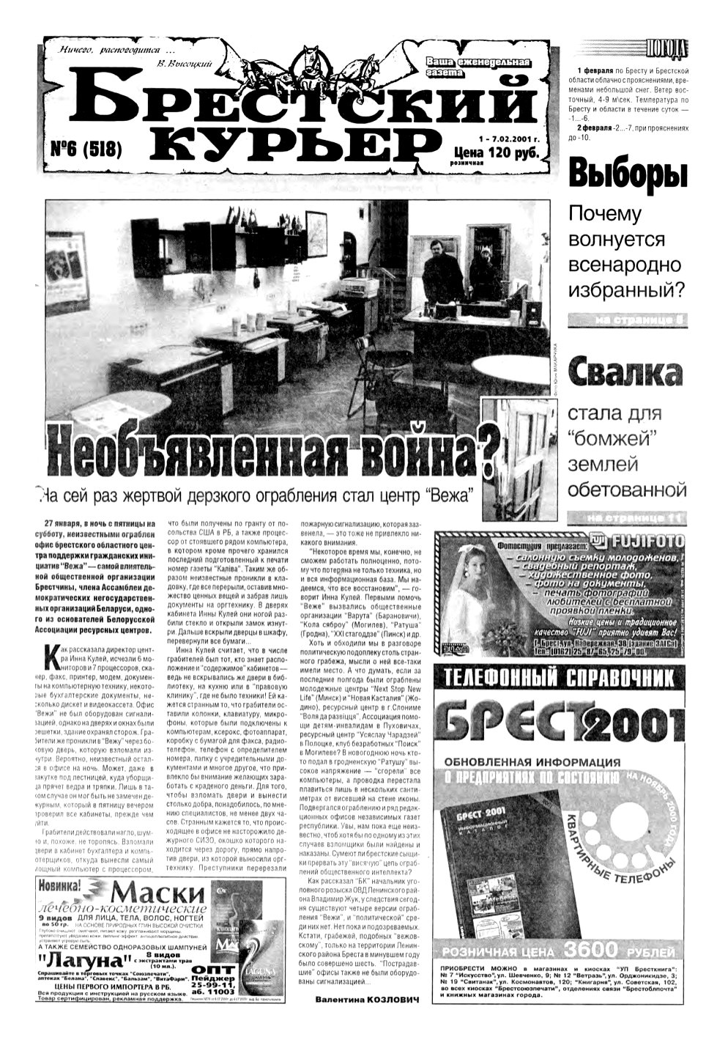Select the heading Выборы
click(x=628, y=175)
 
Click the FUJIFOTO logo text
click(x=644, y=542)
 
